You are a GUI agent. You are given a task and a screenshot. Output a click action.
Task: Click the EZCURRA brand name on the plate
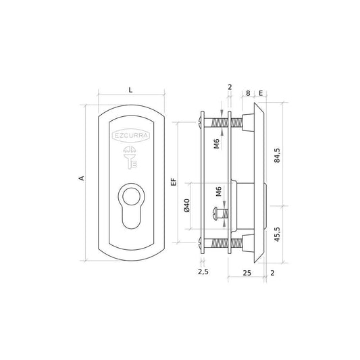click(x=131, y=136)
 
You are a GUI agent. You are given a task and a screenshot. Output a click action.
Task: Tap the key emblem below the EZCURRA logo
click(x=130, y=158)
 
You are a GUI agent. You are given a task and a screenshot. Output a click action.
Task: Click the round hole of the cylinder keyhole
click(x=131, y=197)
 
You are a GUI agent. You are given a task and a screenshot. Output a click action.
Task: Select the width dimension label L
click(x=130, y=90)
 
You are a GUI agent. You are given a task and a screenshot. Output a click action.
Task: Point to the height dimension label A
click(x=82, y=178)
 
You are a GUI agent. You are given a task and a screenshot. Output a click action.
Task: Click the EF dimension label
click(x=174, y=182)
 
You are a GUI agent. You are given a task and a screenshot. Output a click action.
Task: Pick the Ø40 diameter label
click(x=187, y=205)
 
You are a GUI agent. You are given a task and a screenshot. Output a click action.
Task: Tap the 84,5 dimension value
click(x=277, y=155)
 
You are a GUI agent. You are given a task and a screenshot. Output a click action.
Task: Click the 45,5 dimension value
click(x=277, y=234)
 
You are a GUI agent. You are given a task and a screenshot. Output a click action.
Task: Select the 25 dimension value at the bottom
click(x=247, y=273)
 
